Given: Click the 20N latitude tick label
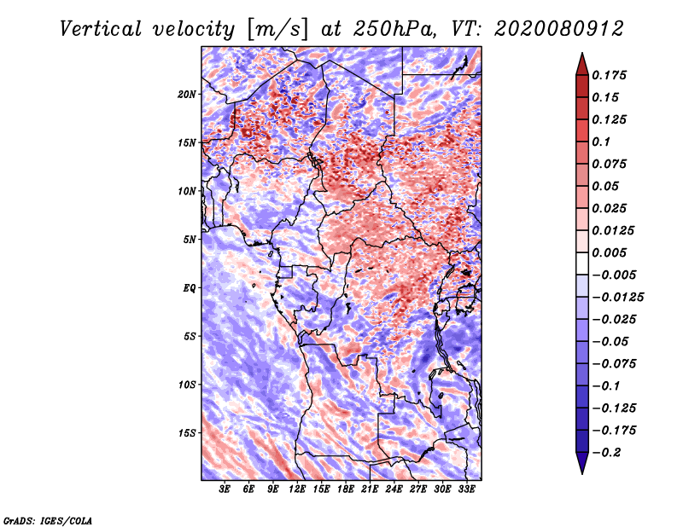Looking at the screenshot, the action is (187, 95).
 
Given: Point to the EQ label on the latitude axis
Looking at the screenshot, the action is (190, 288).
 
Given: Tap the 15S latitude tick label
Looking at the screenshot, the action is (187, 433).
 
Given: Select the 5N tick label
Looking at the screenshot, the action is (190, 240).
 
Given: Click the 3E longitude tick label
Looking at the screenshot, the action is (225, 489).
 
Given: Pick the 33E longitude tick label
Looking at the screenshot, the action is (466, 489).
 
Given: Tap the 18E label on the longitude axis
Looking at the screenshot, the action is (346, 489).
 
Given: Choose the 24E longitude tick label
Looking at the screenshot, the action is (394, 489).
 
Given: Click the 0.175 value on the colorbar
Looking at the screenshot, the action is (609, 75).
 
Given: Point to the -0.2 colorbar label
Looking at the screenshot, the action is (606, 453).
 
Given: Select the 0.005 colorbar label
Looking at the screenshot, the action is (609, 252).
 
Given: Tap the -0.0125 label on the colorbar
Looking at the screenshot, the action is (617, 298).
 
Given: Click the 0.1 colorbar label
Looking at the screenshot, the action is (601, 142).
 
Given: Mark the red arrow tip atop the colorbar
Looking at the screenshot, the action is (582, 53).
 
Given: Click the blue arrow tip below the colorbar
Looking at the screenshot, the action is (582, 473).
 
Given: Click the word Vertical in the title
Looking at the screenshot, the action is (101, 29).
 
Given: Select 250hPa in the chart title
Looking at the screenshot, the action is (394, 29).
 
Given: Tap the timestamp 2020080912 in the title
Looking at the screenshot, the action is (559, 29).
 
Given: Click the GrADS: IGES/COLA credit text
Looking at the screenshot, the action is (48, 520).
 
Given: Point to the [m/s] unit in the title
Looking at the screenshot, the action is (277, 30).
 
